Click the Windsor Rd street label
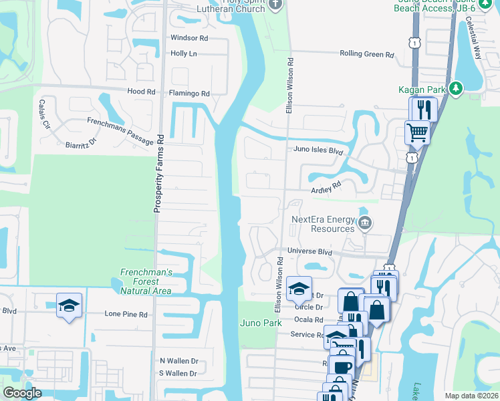[x=189, y=38]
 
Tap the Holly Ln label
[x=184, y=53]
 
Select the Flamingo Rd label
[x=189, y=94]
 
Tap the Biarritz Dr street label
[x=81, y=143]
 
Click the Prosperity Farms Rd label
[x=159, y=173]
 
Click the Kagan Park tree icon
[x=456, y=88]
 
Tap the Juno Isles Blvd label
[x=318, y=151]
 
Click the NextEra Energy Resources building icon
[x=365, y=223]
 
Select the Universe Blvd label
[x=309, y=252]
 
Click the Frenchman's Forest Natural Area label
[x=146, y=281]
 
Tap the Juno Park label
[x=261, y=323]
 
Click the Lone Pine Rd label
[x=126, y=313]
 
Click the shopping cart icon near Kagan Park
[x=417, y=132]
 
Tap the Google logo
[x=22, y=393]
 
